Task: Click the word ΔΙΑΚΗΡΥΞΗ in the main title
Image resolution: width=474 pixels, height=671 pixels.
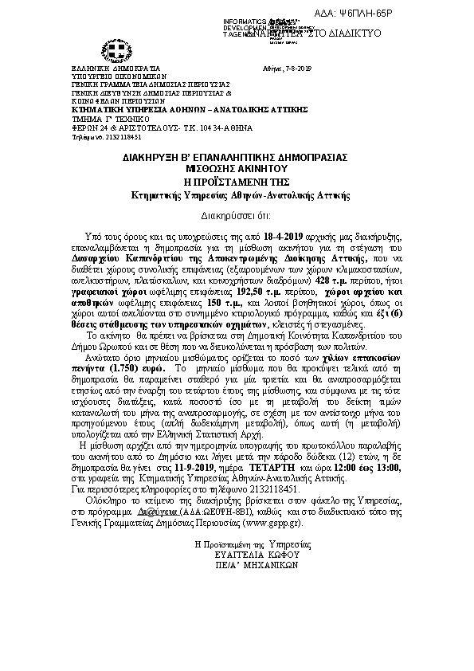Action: coord(181,158)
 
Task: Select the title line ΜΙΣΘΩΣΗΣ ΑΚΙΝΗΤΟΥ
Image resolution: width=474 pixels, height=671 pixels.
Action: coord(237,168)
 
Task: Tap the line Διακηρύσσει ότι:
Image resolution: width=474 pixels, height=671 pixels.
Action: coord(237,215)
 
